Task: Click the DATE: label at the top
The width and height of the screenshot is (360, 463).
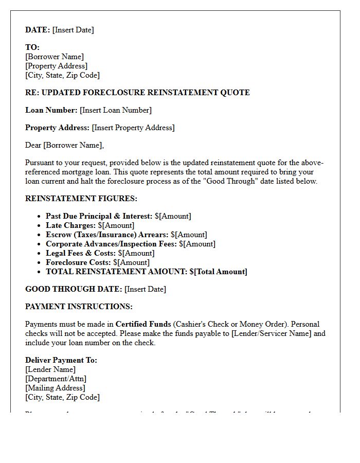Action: [38, 30]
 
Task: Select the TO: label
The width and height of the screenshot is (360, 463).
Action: [32, 47]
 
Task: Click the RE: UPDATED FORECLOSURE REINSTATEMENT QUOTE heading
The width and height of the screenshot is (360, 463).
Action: [137, 93]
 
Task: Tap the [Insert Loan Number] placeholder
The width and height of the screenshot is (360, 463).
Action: [116, 110]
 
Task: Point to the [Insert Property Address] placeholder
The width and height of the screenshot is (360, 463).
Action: [133, 128]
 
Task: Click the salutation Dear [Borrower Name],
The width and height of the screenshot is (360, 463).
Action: [64, 145]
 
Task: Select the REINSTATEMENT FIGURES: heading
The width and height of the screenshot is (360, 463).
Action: [81, 199]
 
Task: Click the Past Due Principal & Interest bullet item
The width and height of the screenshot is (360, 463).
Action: [118, 216]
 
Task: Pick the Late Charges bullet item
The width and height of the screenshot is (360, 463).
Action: [90, 225]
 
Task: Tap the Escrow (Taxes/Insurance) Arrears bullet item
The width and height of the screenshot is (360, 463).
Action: [127, 235]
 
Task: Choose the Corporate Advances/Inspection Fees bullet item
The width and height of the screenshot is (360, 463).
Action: [131, 244]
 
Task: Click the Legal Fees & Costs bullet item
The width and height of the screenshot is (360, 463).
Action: [100, 253]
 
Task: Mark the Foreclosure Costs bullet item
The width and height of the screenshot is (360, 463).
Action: [98, 262]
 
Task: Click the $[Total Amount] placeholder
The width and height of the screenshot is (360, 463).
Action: [218, 272]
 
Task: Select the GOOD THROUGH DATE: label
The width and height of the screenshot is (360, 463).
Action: [74, 289]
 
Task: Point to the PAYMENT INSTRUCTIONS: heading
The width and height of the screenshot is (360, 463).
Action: [79, 307]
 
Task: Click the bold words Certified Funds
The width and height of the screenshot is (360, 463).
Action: [143, 324]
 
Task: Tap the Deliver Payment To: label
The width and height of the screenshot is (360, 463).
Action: [61, 360]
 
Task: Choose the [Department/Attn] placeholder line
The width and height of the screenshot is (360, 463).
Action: [56, 379]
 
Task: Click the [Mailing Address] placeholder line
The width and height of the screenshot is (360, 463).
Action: [55, 388]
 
